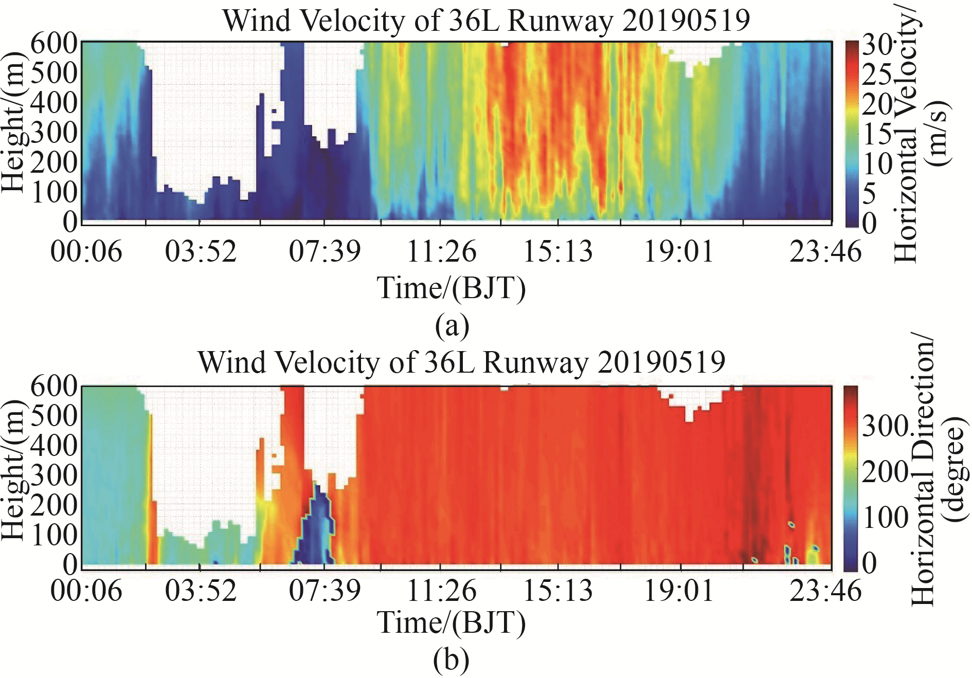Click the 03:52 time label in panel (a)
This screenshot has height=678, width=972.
(201, 252)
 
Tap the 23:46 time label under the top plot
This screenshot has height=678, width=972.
(825, 252)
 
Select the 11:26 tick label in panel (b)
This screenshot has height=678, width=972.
(441, 591)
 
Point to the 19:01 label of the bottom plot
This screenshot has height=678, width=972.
(679, 591)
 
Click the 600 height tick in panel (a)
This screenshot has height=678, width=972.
(54, 43)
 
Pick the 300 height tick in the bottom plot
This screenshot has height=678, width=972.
(54, 475)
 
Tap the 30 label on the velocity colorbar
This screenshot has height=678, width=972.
(877, 45)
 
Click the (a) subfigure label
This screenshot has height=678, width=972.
(452, 326)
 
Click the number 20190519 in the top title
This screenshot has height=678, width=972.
(686, 21)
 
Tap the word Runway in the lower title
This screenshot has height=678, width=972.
(535, 362)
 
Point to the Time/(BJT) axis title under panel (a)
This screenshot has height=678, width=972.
(452, 288)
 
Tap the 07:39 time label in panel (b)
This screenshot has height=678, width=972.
(325, 591)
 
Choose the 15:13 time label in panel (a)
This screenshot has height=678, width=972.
(557, 252)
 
